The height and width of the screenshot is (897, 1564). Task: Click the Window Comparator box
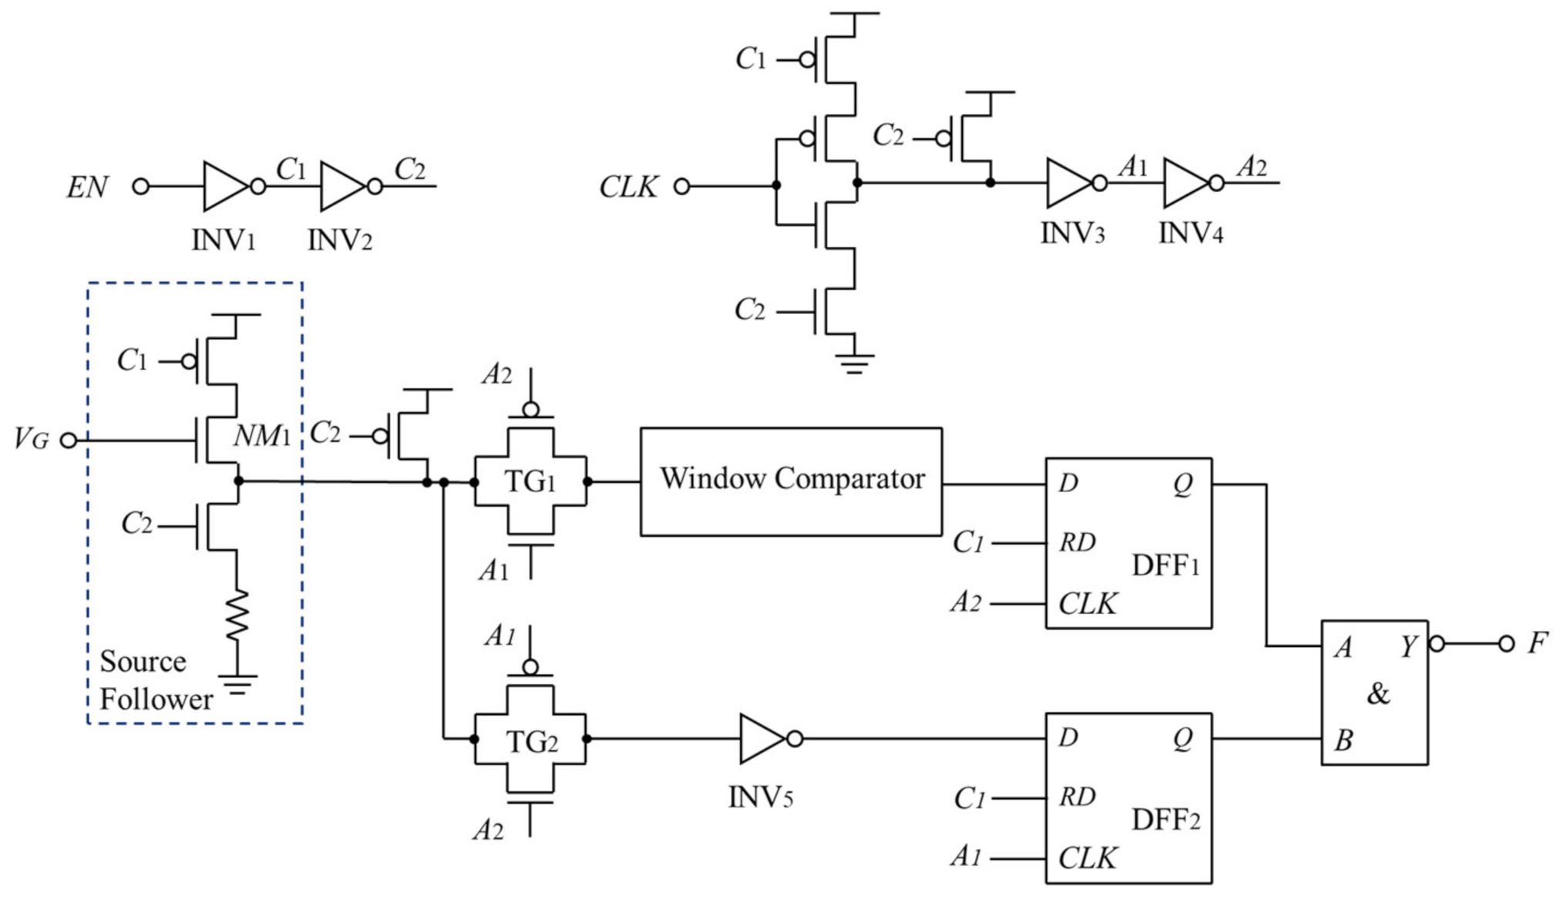791,481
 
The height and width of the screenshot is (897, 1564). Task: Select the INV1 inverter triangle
224,186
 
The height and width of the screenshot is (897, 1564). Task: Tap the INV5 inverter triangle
761,739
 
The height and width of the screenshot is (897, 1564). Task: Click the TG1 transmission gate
530,482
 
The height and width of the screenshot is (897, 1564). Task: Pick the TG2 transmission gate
530,741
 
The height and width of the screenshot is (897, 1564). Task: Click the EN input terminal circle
140,186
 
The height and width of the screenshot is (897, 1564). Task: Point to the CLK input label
628,187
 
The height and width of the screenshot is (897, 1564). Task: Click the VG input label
31,440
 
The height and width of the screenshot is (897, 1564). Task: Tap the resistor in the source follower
237,615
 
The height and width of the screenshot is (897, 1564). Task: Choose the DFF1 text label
1165,566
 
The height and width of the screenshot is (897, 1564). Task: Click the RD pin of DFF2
1077,797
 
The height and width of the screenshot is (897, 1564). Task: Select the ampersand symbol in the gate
1378,694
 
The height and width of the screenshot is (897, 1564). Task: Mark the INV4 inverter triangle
1185,183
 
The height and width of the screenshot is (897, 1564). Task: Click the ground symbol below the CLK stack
853,362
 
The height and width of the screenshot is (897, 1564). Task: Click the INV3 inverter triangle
1067,183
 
